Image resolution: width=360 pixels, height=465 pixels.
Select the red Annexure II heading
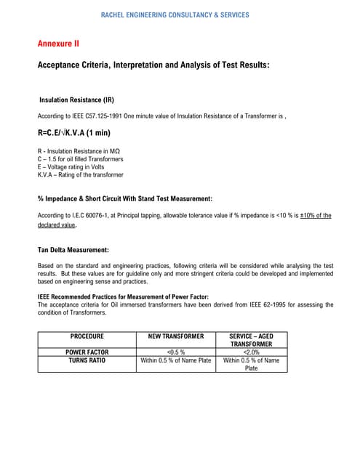click(58, 44)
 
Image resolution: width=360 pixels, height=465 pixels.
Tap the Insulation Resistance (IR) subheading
click(76, 100)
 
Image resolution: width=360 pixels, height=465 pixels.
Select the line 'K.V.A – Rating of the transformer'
click(80, 175)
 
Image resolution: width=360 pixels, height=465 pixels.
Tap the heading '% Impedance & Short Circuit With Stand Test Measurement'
click(124, 198)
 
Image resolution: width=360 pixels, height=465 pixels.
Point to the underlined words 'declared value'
click(57, 225)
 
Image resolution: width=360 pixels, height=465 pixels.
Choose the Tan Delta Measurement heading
click(73, 250)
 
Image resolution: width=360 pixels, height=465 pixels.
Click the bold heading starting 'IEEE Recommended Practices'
click(123, 296)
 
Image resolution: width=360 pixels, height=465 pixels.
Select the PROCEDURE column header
click(87, 337)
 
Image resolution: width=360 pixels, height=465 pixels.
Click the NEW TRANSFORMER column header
click(175, 337)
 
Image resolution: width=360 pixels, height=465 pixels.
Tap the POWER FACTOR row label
click(87, 352)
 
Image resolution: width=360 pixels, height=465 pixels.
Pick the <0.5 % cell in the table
click(175, 352)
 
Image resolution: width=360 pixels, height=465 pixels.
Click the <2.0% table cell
click(251, 352)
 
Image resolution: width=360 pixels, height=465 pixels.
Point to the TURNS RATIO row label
click(87, 360)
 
